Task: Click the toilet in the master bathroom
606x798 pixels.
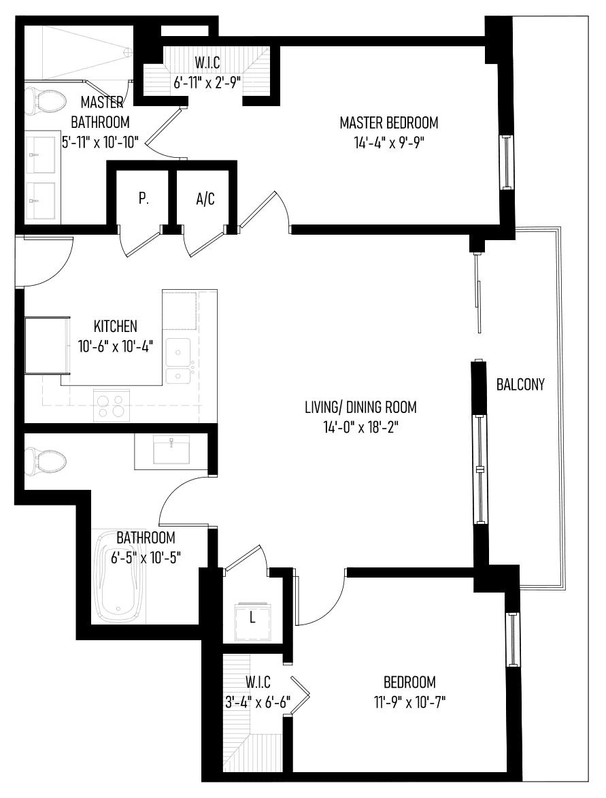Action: (x=46, y=101)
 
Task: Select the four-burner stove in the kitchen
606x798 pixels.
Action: (x=111, y=405)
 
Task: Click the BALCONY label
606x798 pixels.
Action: (x=520, y=384)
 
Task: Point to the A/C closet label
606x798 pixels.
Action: (x=205, y=199)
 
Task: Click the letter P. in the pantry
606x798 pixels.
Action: (x=144, y=199)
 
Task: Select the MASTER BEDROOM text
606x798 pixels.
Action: (x=389, y=122)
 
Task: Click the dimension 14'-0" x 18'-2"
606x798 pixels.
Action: (x=360, y=427)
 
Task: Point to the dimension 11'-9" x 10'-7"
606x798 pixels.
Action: (x=409, y=702)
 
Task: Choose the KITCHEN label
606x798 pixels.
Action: (x=116, y=326)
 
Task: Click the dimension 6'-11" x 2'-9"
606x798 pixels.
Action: (x=207, y=82)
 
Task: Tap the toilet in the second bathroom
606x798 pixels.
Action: (x=46, y=461)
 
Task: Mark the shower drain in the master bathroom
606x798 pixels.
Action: (x=127, y=52)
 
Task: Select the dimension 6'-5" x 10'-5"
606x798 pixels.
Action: (x=146, y=558)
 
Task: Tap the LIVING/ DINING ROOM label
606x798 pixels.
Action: (x=360, y=407)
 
